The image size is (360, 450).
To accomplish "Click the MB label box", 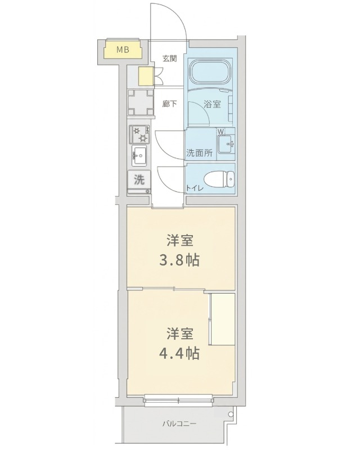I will tap(123, 50).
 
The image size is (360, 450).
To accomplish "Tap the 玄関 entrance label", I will tap(169, 58).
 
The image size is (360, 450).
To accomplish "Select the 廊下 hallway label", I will tap(169, 103).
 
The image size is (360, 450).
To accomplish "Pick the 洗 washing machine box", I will tap(139, 181).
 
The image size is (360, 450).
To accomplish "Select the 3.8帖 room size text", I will tap(180, 260).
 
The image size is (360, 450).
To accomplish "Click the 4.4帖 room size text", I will tap(180, 353).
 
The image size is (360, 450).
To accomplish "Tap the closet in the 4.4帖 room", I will tap(222, 319).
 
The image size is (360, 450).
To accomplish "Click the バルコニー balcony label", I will tap(180, 424).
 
